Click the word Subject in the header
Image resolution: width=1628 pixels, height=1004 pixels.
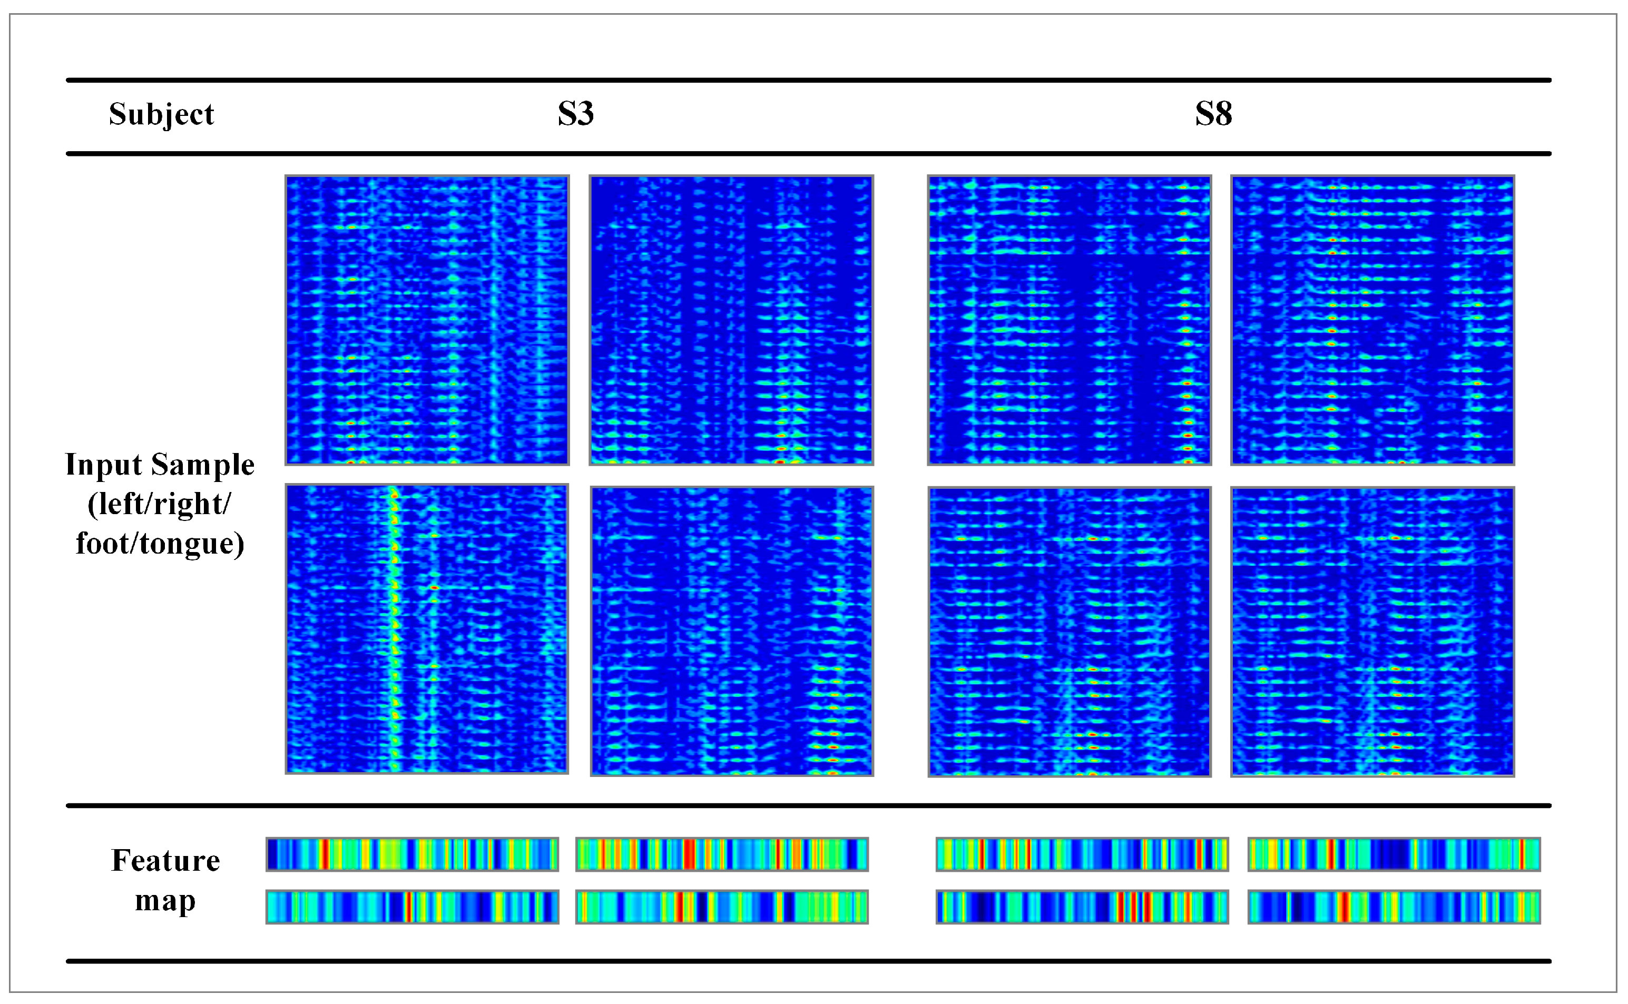(x=161, y=114)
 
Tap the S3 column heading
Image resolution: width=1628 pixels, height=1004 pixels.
(x=575, y=114)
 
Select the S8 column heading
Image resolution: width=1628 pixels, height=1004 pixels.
(x=1213, y=114)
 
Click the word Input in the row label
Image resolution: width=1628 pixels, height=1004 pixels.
(x=103, y=464)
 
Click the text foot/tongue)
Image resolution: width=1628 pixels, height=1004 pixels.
(x=160, y=543)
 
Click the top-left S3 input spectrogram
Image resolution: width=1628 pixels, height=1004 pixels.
(x=427, y=320)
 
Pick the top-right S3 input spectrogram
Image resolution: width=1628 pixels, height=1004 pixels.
(x=731, y=320)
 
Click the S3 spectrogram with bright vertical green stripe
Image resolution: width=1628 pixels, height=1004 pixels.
(x=427, y=629)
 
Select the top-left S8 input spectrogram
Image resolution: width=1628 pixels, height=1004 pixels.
(x=1069, y=320)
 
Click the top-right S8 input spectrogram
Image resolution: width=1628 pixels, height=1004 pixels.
(x=1372, y=320)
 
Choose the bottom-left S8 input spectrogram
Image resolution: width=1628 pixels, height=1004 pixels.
(x=1069, y=632)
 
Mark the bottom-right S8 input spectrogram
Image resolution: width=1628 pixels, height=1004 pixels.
(x=1372, y=632)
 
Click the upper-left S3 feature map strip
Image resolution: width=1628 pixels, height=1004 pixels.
(x=411, y=854)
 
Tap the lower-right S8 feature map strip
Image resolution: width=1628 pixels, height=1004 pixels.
(x=1394, y=907)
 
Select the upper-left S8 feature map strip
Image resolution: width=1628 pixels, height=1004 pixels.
(x=1082, y=854)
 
